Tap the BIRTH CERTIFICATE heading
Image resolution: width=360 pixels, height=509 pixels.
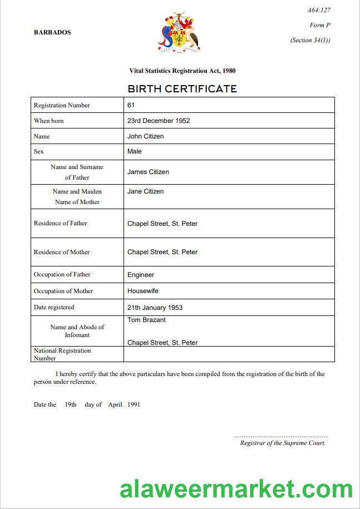click(182, 89)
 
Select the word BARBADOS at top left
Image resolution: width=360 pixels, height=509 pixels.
click(52, 32)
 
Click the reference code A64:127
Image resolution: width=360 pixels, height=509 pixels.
click(319, 10)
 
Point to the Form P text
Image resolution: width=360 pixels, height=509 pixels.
click(320, 25)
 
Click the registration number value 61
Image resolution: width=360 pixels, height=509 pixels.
click(131, 105)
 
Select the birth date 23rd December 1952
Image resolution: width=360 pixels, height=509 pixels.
click(159, 121)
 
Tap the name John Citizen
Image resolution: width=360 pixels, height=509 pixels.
click(145, 136)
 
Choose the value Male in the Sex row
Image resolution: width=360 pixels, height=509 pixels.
click(135, 151)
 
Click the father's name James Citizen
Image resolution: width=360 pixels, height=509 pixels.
click(148, 172)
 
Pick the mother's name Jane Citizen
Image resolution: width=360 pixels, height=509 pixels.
click(145, 191)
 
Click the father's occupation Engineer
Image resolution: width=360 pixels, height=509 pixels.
click(141, 275)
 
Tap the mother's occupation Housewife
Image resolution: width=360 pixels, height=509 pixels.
click(142, 291)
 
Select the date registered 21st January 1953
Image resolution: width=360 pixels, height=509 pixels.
click(155, 308)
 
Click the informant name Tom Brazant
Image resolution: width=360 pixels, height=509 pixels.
click(146, 320)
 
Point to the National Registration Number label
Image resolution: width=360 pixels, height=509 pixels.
click(62, 354)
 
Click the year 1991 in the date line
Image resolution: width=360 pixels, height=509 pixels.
click(134, 404)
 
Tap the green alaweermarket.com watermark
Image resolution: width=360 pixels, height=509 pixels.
click(236, 488)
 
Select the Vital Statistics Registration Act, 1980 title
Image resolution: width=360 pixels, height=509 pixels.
click(182, 71)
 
